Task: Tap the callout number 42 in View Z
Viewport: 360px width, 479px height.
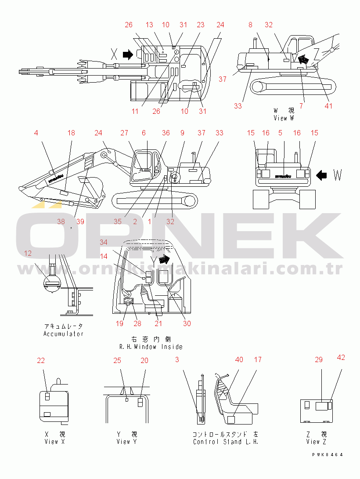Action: pos(341,357)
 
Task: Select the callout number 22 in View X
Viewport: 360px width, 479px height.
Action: pos(41,360)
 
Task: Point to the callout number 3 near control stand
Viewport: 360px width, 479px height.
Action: pos(177,359)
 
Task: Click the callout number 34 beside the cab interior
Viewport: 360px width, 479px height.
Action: pos(103,242)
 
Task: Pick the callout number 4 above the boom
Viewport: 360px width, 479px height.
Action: pos(36,133)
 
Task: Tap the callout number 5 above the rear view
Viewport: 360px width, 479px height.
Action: pos(280,133)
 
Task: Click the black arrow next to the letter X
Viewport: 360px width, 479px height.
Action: pos(128,54)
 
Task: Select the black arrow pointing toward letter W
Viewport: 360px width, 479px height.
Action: pos(322,176)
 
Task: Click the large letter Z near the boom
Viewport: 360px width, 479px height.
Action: pos(317,54)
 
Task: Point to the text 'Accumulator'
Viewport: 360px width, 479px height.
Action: pos(63,334)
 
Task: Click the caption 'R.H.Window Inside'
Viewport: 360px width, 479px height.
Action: pos(151,347)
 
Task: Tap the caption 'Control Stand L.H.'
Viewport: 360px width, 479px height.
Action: pos(226,442)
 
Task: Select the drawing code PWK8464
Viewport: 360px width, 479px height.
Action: pos(326,455)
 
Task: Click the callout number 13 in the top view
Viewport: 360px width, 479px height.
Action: pos(149,25)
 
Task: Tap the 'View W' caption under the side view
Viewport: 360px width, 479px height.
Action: pos(283,118)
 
